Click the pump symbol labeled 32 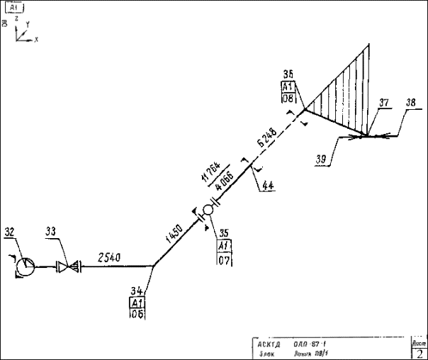[26, 266]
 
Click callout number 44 [267, 186]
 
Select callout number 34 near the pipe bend [137, 291]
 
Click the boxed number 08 [288, 99]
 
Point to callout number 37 [384, 103]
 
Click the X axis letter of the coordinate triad [35, 39]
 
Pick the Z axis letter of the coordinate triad [18, 20]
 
